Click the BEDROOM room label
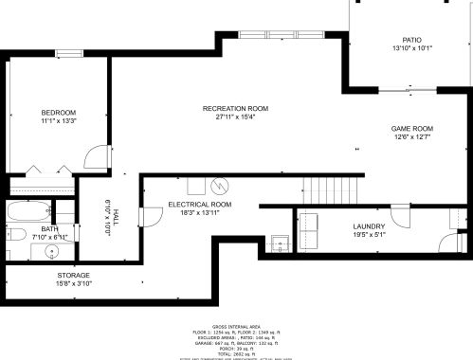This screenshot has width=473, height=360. point(58,112)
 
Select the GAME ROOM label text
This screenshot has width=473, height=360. point(411,128)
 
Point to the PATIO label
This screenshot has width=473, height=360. point(411,40)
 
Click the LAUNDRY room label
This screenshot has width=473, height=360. point(368,225)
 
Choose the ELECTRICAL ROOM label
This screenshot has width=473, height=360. point(200,205)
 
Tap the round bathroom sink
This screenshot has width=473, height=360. point(52,252)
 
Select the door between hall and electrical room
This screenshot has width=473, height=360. point(147,217)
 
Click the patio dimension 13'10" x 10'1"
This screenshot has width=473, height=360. point(411,48)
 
